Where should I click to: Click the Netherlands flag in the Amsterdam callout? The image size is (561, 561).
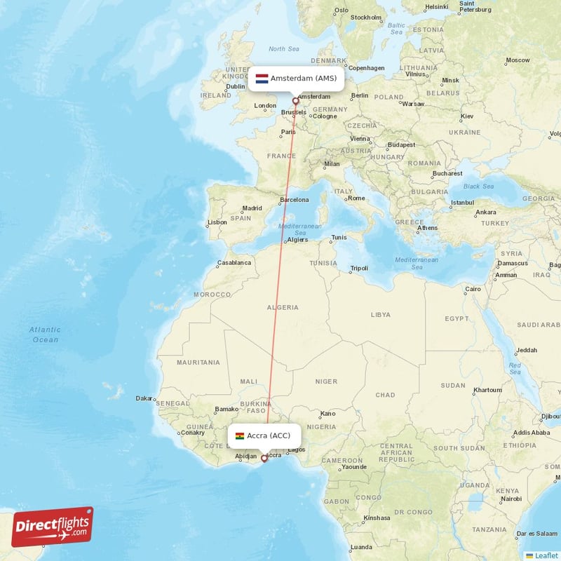[x=262, y=78]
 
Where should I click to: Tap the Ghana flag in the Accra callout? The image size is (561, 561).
[x=239, y=435]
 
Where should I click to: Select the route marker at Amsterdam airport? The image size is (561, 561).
[x=296, y=101]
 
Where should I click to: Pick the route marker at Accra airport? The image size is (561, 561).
[x=264, y=459]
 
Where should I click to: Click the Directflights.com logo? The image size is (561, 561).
[x=53, y=527]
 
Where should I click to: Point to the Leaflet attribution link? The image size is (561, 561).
[x=546, y=555]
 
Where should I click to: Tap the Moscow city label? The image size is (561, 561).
[x=518, y=60]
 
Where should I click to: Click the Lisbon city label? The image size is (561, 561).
[x=217, y=222]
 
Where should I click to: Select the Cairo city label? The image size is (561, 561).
[x=473, y=289]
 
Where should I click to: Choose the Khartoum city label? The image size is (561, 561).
[x=487, y=390]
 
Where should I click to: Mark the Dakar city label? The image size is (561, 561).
[x=144, y=398]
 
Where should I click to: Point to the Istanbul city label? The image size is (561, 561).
[x=462, y=203]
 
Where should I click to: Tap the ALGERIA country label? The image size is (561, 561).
[x=283, y=307]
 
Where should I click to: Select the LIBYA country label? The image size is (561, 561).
[x=380, y=315]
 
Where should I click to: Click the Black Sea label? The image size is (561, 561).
[x=478, y=186]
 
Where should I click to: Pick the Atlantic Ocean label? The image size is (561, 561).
[x=45, y=334]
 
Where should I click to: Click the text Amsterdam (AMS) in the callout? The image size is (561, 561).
[x=304, y=78]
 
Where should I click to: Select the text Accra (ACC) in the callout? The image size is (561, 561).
[x=269, y=435]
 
